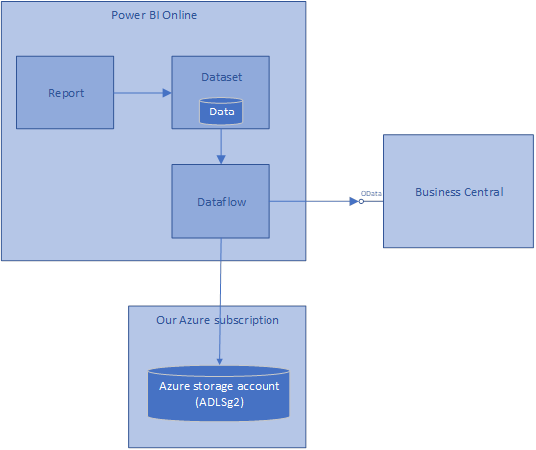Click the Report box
65,93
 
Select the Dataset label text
221,77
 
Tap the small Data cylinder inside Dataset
221,112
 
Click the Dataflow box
221,201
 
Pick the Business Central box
458,191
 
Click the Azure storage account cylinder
219,393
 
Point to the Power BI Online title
154,15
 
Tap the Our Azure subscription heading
218,320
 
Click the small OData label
371,194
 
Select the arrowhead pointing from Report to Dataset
167,93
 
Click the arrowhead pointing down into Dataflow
221,160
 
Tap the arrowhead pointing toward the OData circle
354,201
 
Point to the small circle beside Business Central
361,201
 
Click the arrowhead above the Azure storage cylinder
219,362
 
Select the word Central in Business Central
484,192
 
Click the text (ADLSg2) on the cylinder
219,402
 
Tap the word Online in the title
179,15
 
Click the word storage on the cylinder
213,386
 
